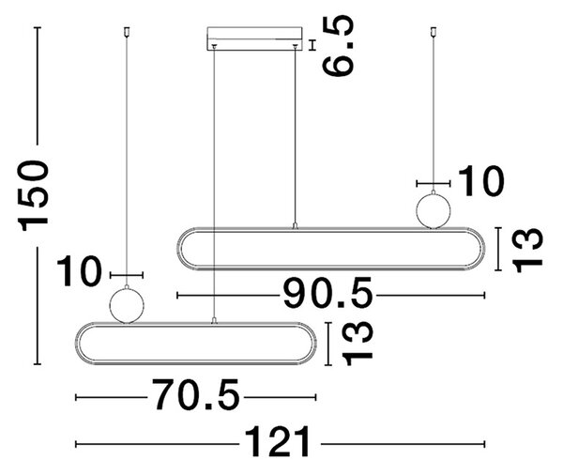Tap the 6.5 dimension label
338,46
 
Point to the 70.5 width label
196,394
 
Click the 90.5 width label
327,293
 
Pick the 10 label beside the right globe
481,181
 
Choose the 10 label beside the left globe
80,271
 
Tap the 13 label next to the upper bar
527,250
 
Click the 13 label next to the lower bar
357,344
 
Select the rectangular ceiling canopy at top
254,38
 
